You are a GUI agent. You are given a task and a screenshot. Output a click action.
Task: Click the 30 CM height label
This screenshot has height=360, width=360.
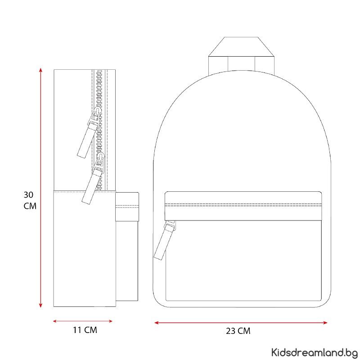[30, 200]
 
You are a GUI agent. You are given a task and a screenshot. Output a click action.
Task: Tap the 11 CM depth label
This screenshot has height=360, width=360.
[85, 330]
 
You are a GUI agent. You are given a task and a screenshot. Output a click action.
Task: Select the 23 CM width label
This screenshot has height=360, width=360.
[238, 331]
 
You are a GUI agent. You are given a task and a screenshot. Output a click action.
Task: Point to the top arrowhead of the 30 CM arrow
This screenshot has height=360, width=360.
[40, 70]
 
